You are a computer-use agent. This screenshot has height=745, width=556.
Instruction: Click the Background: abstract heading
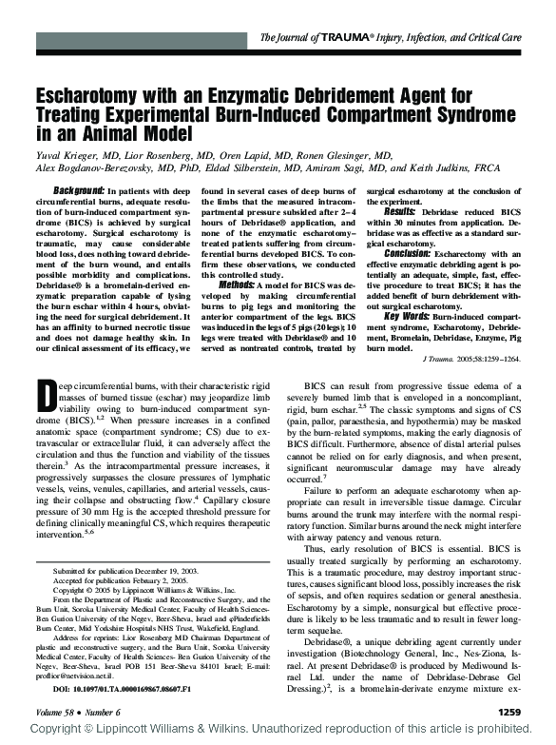click(x=78, y=190)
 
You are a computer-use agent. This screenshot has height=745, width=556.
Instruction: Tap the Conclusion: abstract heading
click(x=410, y=253)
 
